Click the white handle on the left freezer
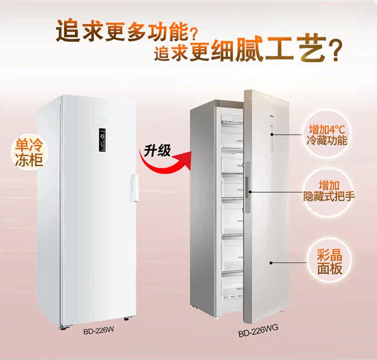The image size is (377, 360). [134, 187]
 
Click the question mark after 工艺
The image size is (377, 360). [332, 51]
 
